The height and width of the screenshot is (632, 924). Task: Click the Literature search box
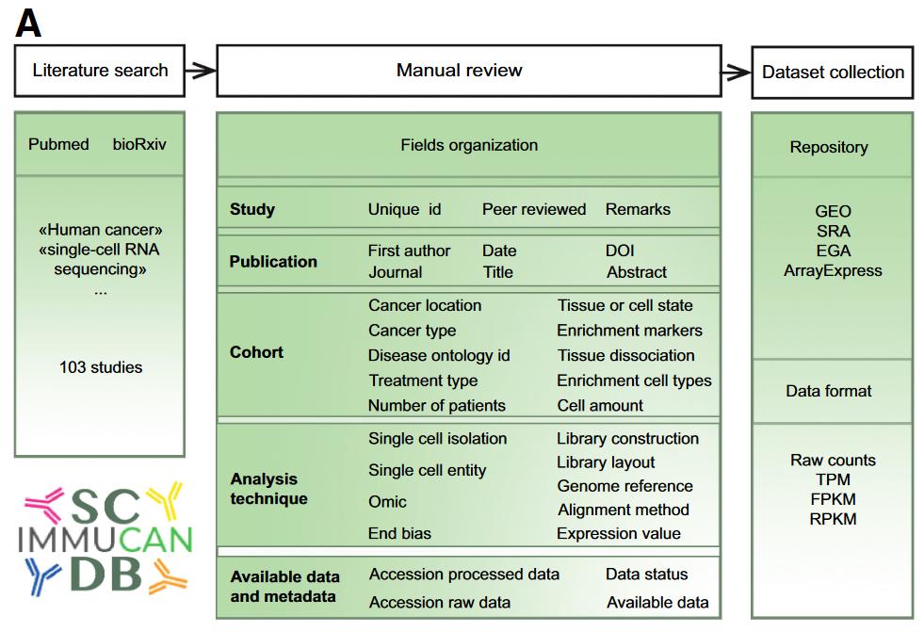[x=100, y=71]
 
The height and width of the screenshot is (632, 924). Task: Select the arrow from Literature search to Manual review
[x=201, y=71]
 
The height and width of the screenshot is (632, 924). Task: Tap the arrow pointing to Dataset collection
[x=736, y=72]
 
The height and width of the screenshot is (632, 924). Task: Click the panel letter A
[x=28, y=24]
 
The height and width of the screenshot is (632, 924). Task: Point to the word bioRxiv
[x=139, y=144]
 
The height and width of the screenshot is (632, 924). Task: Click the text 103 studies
[x=101, y=367]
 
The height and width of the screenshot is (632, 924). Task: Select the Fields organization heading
[x=469, y=145]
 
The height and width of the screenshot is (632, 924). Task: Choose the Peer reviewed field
[x=534, y=209]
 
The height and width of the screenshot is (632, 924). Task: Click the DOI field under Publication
[x=620, y=251]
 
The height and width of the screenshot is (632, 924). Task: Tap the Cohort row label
[x=256, y=352]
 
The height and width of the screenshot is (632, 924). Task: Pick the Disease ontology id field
[x=439, y=355]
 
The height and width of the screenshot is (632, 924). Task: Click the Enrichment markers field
[x=629, y=331]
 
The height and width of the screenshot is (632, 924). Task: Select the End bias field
[x=399, y=533]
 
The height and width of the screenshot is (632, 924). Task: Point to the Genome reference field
[x=624, y=486]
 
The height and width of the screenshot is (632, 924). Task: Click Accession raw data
[x=440, y=602]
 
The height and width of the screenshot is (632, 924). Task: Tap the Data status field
[x=646, y=574]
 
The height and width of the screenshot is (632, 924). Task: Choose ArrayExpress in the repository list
[x=833, y=271]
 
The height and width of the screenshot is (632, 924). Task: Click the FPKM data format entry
[x=833, y=499]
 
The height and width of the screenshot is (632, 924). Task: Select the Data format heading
[x=829, y=391]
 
